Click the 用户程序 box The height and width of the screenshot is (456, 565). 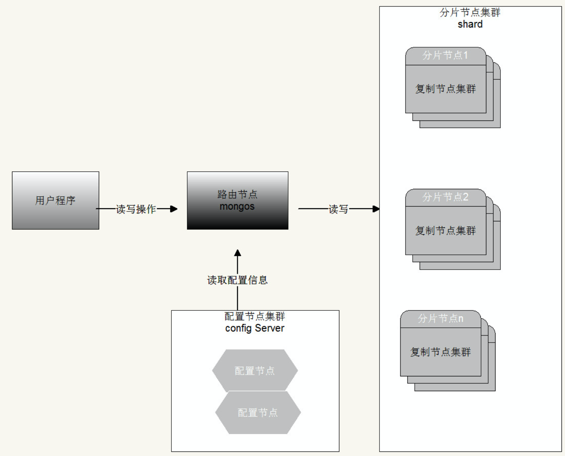[55, 200]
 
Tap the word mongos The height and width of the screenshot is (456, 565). [237, 207]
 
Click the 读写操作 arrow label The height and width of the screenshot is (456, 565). [136, 209]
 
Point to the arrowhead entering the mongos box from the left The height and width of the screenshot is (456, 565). [174, 209]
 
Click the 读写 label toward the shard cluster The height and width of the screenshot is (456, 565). [338, 209]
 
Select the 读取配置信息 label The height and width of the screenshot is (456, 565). [237, 280]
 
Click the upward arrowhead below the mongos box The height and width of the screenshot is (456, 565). [238, 253]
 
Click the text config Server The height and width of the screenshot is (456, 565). [255, 328]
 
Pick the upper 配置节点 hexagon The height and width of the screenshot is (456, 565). [255, 370]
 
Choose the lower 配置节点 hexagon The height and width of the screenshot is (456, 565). [258, 412]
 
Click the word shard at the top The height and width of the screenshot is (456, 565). [470, 24]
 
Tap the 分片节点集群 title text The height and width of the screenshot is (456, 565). [470, 13]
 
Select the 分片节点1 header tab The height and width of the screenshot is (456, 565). [445, 56]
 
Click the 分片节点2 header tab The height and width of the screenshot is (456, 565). [445, 197]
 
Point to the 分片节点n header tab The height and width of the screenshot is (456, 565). [441, 319]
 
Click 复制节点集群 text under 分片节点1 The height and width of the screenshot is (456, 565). [445, 89]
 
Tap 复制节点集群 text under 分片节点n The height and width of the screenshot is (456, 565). [441, 352]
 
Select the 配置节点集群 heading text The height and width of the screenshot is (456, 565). [255, 316]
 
